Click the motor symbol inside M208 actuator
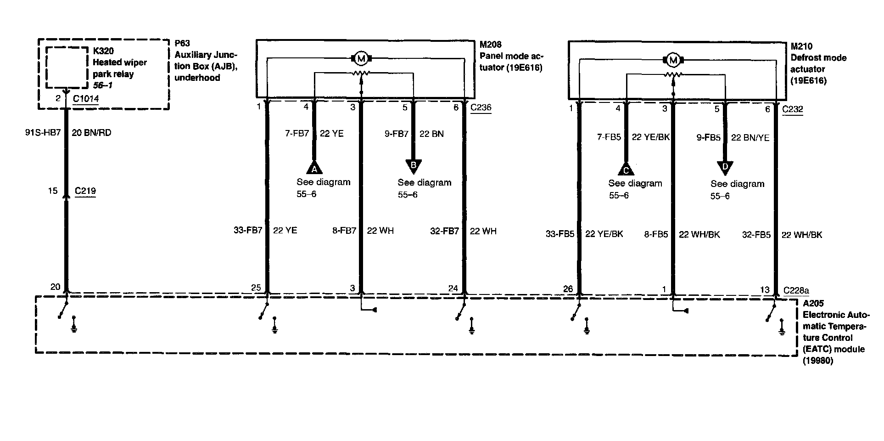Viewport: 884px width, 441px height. tap(361, 59)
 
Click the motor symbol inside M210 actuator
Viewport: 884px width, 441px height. tap(673, 60)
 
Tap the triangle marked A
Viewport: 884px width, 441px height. tap(314, 168)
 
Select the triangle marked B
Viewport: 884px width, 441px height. tap(414, 166)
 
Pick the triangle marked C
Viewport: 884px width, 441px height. tap(626, 170)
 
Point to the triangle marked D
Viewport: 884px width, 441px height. tap(725, 168)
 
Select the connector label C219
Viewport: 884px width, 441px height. tap(85, 191)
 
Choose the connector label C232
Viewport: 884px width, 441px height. tap(792, 109)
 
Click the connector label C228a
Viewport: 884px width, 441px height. tap(796, 290)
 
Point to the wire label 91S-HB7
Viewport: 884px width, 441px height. tap(43, 133)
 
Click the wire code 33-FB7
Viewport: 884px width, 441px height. tap(248, 231)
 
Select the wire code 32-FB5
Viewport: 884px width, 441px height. tap(756, 235)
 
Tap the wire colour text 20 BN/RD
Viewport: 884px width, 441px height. tap(91, 133)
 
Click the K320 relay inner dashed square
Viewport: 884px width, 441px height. tap(66, 67)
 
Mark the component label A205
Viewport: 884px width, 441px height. tap(813, 304)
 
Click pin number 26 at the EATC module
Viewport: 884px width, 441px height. tap(568, 289)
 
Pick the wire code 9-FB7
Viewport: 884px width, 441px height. tap(396, 134)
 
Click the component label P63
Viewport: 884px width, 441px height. tap(182, 44)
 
